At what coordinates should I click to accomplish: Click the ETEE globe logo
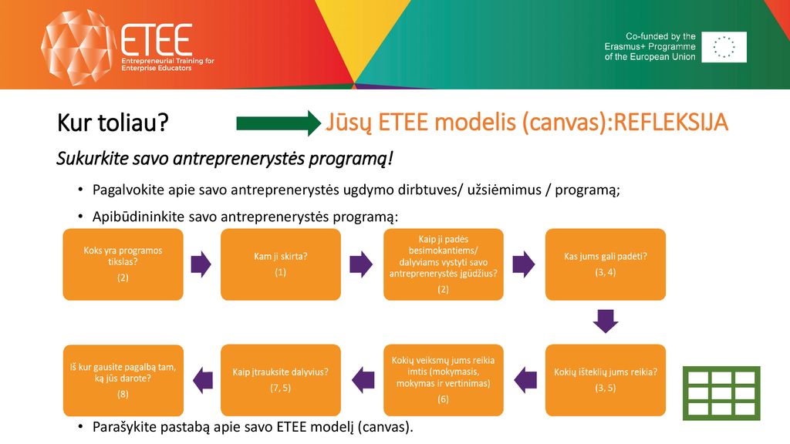pyautogui.click(x=77, y=47)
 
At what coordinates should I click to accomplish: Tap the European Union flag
pyautogui.click(x=724, y=47)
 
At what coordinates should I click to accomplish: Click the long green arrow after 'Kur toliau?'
pyautogui.click(x=279, y=123)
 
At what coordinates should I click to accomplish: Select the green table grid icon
pyautogui.click(x=721, y=393)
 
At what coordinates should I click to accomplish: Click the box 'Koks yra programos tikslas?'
pyautogui.click(x=123, y=264)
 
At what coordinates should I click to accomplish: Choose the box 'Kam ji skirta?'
pyautogui.click(x=281, y=264)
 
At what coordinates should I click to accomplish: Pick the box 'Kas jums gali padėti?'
pyautogui.click(x=605, y=264)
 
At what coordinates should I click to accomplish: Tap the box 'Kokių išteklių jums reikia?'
pyautogui.click(x=605, y=380)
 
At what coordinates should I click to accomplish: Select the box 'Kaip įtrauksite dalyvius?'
pyautogui.click(x=281, y=380)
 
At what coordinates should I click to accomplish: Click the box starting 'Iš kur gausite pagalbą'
pyautogui.click(x=123, y=380)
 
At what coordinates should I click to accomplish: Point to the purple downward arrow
pyautogui.click(x=606, y=321)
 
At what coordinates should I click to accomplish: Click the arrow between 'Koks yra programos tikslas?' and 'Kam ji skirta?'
pyautogui.click(x=201, y=264)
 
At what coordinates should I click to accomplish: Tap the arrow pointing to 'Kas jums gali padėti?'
pyautogui.click(x=524, y=264)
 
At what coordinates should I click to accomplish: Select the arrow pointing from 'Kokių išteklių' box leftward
pyautogui.click(x=525, y=380)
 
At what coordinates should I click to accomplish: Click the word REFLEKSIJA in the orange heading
pyautogui.click(x=671, y=123)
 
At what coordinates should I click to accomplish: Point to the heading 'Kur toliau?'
pyautogui.click(x=113, y=123)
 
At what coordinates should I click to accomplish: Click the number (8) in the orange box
pyautogui.click(x=123, y=394)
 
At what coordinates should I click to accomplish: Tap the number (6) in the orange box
pyautogui.click(x=443, y=399)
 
